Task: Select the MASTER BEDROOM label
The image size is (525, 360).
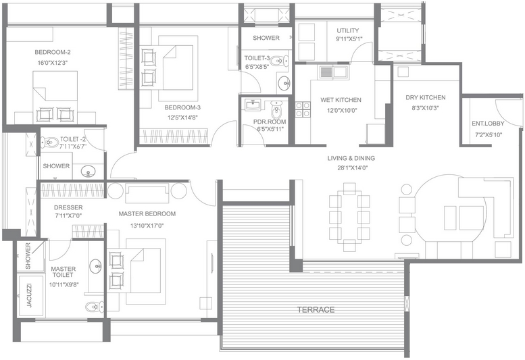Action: coord(147,214)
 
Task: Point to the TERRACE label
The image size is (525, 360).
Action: coord(316,309)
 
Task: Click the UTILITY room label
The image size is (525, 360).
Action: coord(348,30)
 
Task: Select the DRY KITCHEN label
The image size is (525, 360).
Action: coord(425,98)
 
